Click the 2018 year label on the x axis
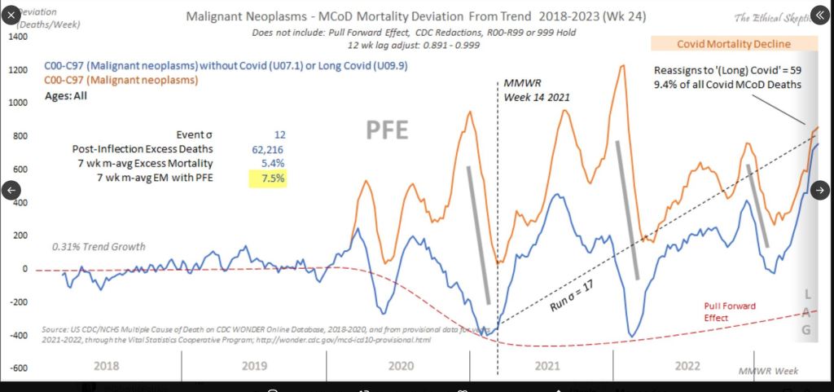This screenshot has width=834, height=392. click(x=107, y=366)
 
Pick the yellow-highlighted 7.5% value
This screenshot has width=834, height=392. click(x=270, y=179)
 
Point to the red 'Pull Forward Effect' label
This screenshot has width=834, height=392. click(x=731, y=311)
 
